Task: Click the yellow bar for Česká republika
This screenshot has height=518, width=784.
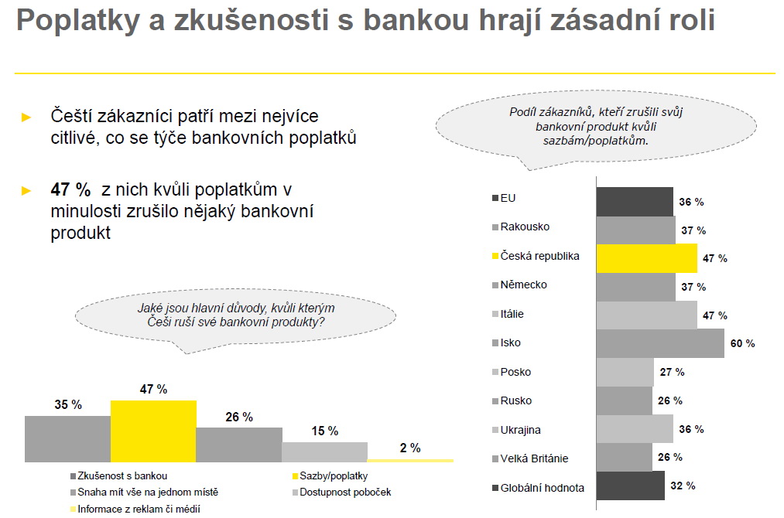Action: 646,257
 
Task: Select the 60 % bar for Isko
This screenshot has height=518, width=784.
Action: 659,343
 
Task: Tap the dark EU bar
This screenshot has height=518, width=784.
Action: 634,201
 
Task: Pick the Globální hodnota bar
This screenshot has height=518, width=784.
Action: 630,486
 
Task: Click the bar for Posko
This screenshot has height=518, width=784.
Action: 625,372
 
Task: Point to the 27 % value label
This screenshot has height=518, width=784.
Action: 672,372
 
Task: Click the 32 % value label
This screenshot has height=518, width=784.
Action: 683,486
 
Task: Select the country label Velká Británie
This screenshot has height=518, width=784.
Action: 534,458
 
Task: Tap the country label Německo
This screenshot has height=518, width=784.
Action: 524,285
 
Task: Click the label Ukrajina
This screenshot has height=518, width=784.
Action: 521,430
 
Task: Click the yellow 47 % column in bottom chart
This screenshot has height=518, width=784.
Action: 153,431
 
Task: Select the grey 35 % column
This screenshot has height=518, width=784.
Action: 67,438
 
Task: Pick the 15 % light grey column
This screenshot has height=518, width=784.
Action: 324,452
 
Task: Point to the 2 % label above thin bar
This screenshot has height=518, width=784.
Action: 409,448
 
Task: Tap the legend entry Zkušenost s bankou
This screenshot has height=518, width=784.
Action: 122,475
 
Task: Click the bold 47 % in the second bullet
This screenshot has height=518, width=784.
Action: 70,190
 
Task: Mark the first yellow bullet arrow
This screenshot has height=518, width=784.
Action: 26,118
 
